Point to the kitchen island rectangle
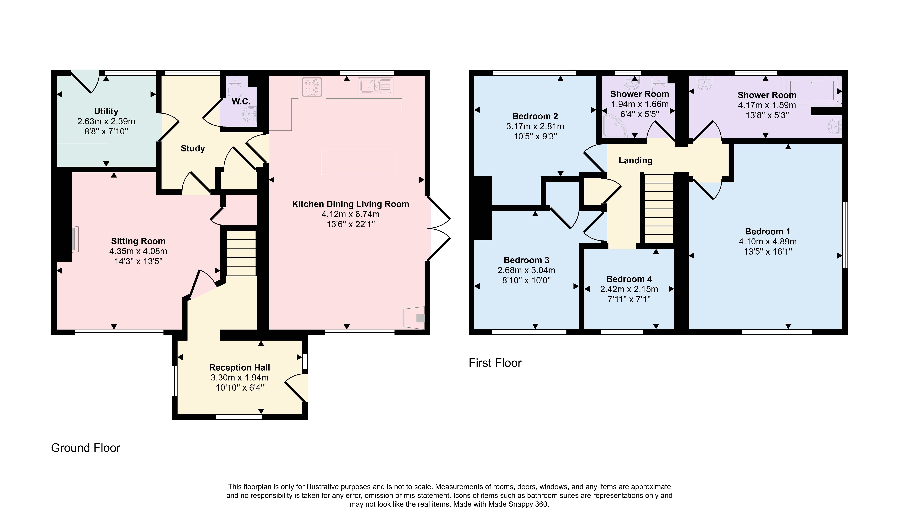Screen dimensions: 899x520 pyautogui.click(x=358, y=162)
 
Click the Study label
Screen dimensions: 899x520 pyautogui.click(x=193, y=148)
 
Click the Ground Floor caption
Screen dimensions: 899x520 pyautogui.click(x=86, y=448)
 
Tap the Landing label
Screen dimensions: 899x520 pyautogui.click(x=635, y=161)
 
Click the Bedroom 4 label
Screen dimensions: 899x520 pyautogui.click(x=629, y=279)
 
